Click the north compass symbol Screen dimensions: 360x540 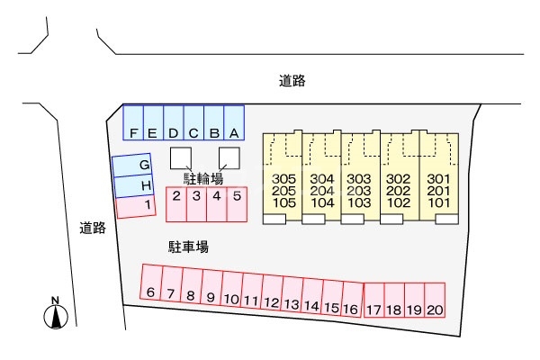pyautogui.click(x=57, y=314)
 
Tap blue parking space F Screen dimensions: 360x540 pyautogui.click(x=133, y=121)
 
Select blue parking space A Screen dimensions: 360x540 pyautogui.click(x=234, y=121)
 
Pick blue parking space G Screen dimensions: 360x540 pyautogui.click(x=132, y=166)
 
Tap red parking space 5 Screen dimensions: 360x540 pyautogui.click(x=237, y=203)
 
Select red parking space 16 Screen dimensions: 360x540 pyautogui.click(x=351, y=298)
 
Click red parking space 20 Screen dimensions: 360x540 pyautogui.click(x=436, y=298)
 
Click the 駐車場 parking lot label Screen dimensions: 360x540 pyautogui.click(x=189, y=246)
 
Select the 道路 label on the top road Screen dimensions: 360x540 pyautogui.click(x=292, y=81)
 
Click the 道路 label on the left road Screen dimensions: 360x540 pyautogui.click(x=93, y=229)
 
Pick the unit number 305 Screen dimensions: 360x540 pyautogui.click(x=283, y=178)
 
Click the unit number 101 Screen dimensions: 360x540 pyautogui.click(x=438, y=203)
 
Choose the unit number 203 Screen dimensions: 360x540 pyautogui.click(x=360, y=191)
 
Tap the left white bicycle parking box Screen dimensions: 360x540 pyautogui.click(x=181, y=157)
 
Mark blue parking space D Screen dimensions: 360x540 pyautogui.click(x=174, y=121)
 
